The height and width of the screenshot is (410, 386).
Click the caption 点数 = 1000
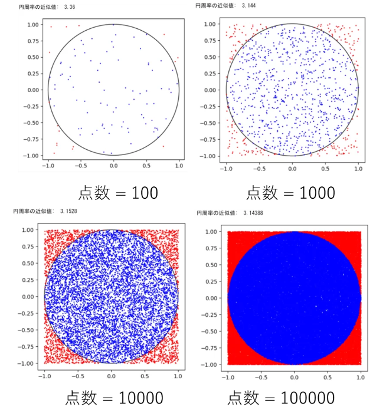pyautogui.click(x=290, y=192)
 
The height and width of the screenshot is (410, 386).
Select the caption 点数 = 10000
pyautogui.click(x=112, y=396)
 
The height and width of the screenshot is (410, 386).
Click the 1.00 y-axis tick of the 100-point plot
pyautogui.click(x=31, y=25)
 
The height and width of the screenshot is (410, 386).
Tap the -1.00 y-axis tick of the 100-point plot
pyautogui.click(x=30, y=156)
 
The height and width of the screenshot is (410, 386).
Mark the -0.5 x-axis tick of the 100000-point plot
pyautogui.click(x=261, y=375)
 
